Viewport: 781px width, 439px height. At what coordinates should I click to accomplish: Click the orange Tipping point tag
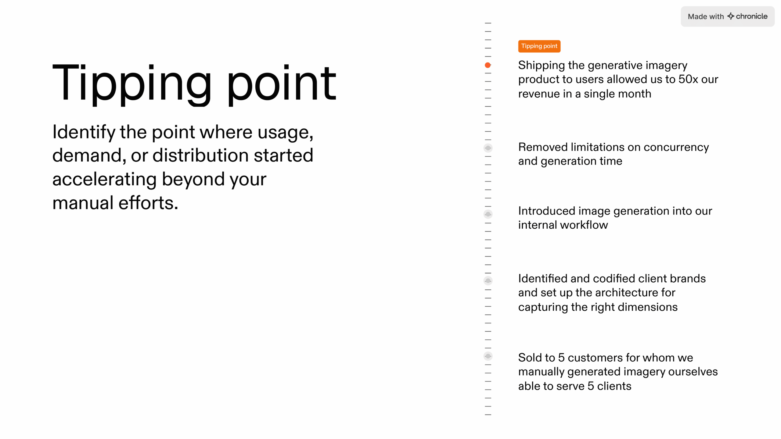(x=539, y=46)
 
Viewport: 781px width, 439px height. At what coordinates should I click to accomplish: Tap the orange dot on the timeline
(x=488, y=65)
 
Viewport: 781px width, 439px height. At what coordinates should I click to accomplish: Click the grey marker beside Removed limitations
(x=488, y=148)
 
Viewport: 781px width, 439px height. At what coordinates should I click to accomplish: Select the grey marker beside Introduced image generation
(x=488, y=214)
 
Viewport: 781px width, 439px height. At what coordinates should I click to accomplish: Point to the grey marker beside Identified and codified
(x=488, y=280)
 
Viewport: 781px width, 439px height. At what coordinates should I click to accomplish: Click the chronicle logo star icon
(x=730, y=16)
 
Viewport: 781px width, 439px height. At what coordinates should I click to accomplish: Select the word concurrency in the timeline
(x=676, y=147)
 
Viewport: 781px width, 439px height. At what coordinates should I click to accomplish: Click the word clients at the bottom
(x=614, y=386)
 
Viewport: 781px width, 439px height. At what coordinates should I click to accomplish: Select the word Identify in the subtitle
(x=84, y=133)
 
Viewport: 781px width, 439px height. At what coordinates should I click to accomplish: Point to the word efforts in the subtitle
(x=148, y=203)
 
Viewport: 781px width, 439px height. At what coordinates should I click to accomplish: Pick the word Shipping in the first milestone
(x=542, y=66)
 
